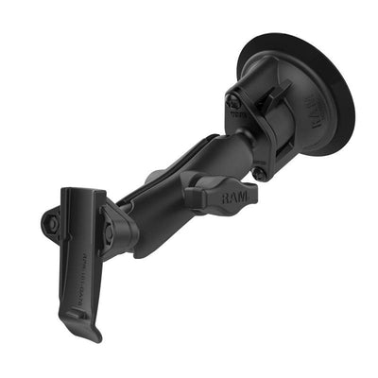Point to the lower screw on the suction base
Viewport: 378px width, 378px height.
(259, 173)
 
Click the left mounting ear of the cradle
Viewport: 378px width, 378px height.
(52, 223)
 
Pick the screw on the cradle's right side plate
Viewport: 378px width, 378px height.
(110, 231)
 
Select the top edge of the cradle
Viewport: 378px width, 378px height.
(81, 192)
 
